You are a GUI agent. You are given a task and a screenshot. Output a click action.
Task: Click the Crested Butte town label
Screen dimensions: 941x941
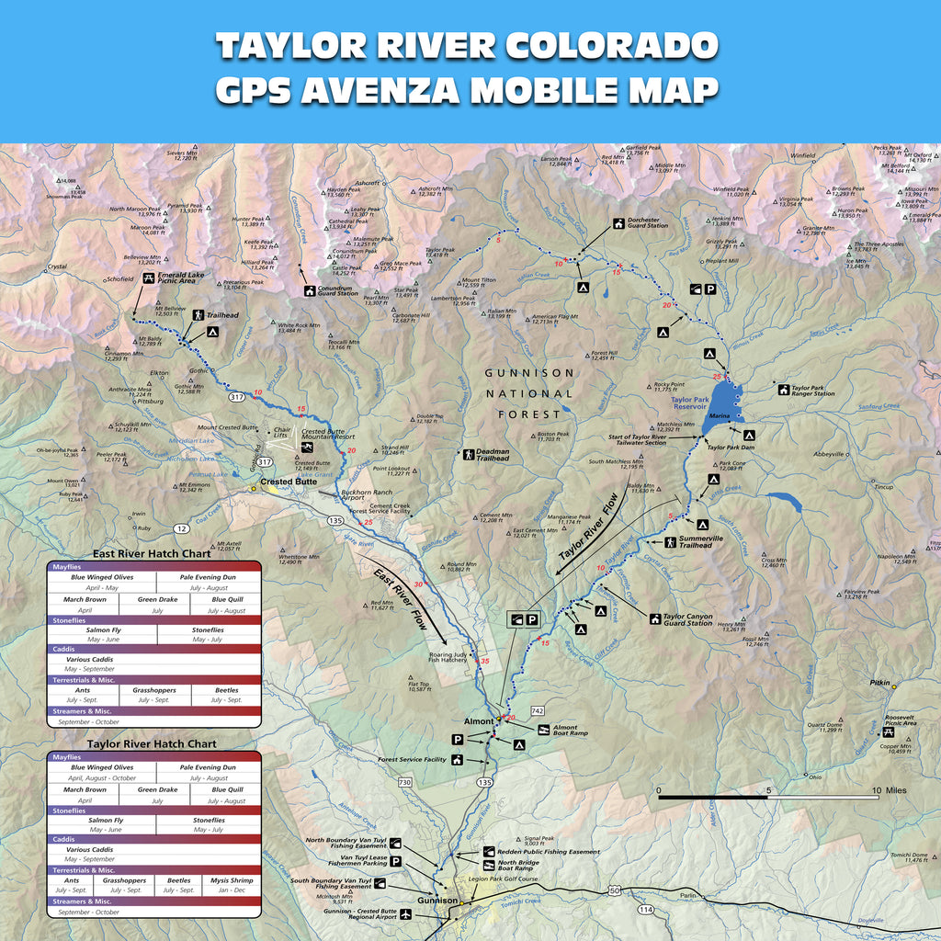pos(288,482)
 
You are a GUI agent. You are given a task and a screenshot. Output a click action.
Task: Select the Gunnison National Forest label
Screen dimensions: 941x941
pos(529,393)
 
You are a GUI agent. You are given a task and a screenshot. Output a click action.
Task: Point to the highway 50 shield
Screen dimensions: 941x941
pos(614,890)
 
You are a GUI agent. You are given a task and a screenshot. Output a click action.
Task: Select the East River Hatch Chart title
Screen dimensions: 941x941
pos(152,553)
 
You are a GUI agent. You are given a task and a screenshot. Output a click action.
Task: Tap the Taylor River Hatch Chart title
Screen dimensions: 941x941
pos(152,743)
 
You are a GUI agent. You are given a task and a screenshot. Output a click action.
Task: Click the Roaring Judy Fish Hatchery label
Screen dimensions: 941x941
pos(448,658)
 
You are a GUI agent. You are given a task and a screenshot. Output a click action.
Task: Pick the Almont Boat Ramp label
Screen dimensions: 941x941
pos(572,731)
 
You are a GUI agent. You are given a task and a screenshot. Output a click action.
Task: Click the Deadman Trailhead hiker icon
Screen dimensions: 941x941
pos(469,454)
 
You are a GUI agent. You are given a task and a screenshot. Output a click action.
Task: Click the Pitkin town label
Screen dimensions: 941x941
pos(880,684)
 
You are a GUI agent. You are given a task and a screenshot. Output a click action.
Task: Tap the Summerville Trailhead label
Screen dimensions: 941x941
pos(701,542)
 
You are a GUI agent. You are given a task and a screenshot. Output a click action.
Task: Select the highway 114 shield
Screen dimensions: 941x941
pos(646,909)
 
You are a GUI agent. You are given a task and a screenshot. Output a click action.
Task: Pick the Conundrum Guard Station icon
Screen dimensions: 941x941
pos(309,291)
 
